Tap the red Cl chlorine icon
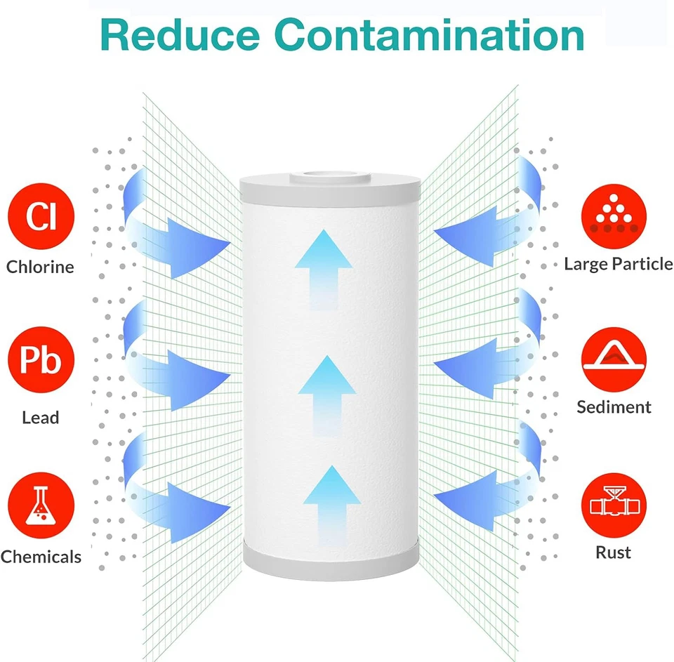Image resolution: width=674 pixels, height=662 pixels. (x=41, y=216)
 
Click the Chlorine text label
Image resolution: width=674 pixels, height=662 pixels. (x=40, y=267)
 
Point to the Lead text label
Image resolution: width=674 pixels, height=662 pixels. (x=40, y=418)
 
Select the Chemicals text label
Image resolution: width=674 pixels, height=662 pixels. (x=41, y=557)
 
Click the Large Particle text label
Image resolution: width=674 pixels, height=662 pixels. (x=618, y=264)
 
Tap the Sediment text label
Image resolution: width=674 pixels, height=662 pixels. (x=614, y=407)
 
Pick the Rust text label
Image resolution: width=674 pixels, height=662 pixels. (x=613, y=552)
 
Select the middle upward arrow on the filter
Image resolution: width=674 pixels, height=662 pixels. (x=326, y=393)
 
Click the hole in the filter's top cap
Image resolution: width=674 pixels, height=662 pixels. (x=329, y=173)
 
